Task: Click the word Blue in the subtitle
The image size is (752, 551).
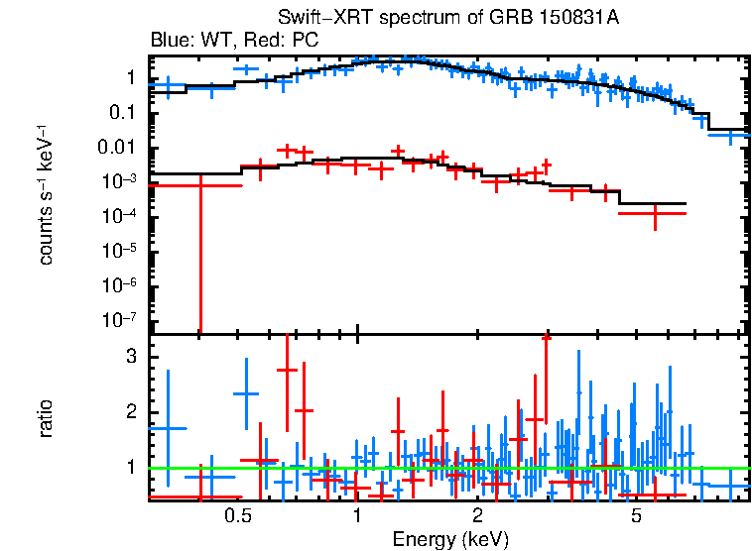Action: click(169, 41)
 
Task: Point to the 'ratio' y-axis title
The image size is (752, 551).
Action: click(46, 418)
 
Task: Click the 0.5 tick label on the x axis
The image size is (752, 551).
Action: click(236, 515)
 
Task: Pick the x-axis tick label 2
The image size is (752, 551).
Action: click(477, 515)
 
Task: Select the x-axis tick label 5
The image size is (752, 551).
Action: click(636, 515)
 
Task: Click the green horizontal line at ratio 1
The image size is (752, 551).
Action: click(446, 468)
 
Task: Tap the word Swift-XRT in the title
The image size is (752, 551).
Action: click(312, 21)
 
